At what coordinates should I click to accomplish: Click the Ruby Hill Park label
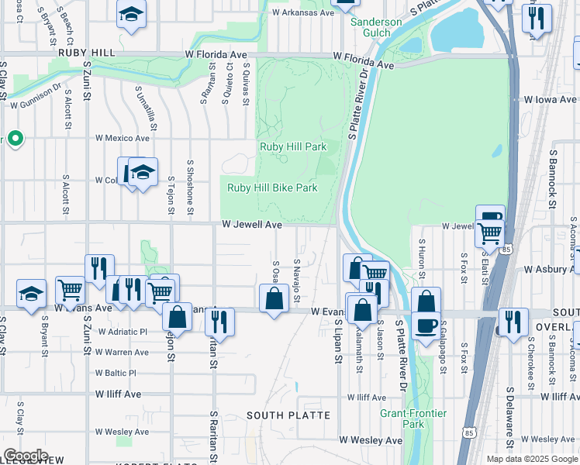292,146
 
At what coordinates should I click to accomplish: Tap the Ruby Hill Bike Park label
272,188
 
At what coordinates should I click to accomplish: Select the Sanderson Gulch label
376,27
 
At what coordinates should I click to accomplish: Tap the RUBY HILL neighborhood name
86,53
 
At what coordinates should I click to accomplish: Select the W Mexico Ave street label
122,138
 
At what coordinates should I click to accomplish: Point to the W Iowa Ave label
549,100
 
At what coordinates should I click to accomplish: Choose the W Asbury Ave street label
551,270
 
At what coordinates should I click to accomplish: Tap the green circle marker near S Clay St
15,139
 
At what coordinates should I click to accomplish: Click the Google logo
26,456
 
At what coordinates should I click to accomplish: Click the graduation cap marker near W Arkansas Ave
132,14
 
